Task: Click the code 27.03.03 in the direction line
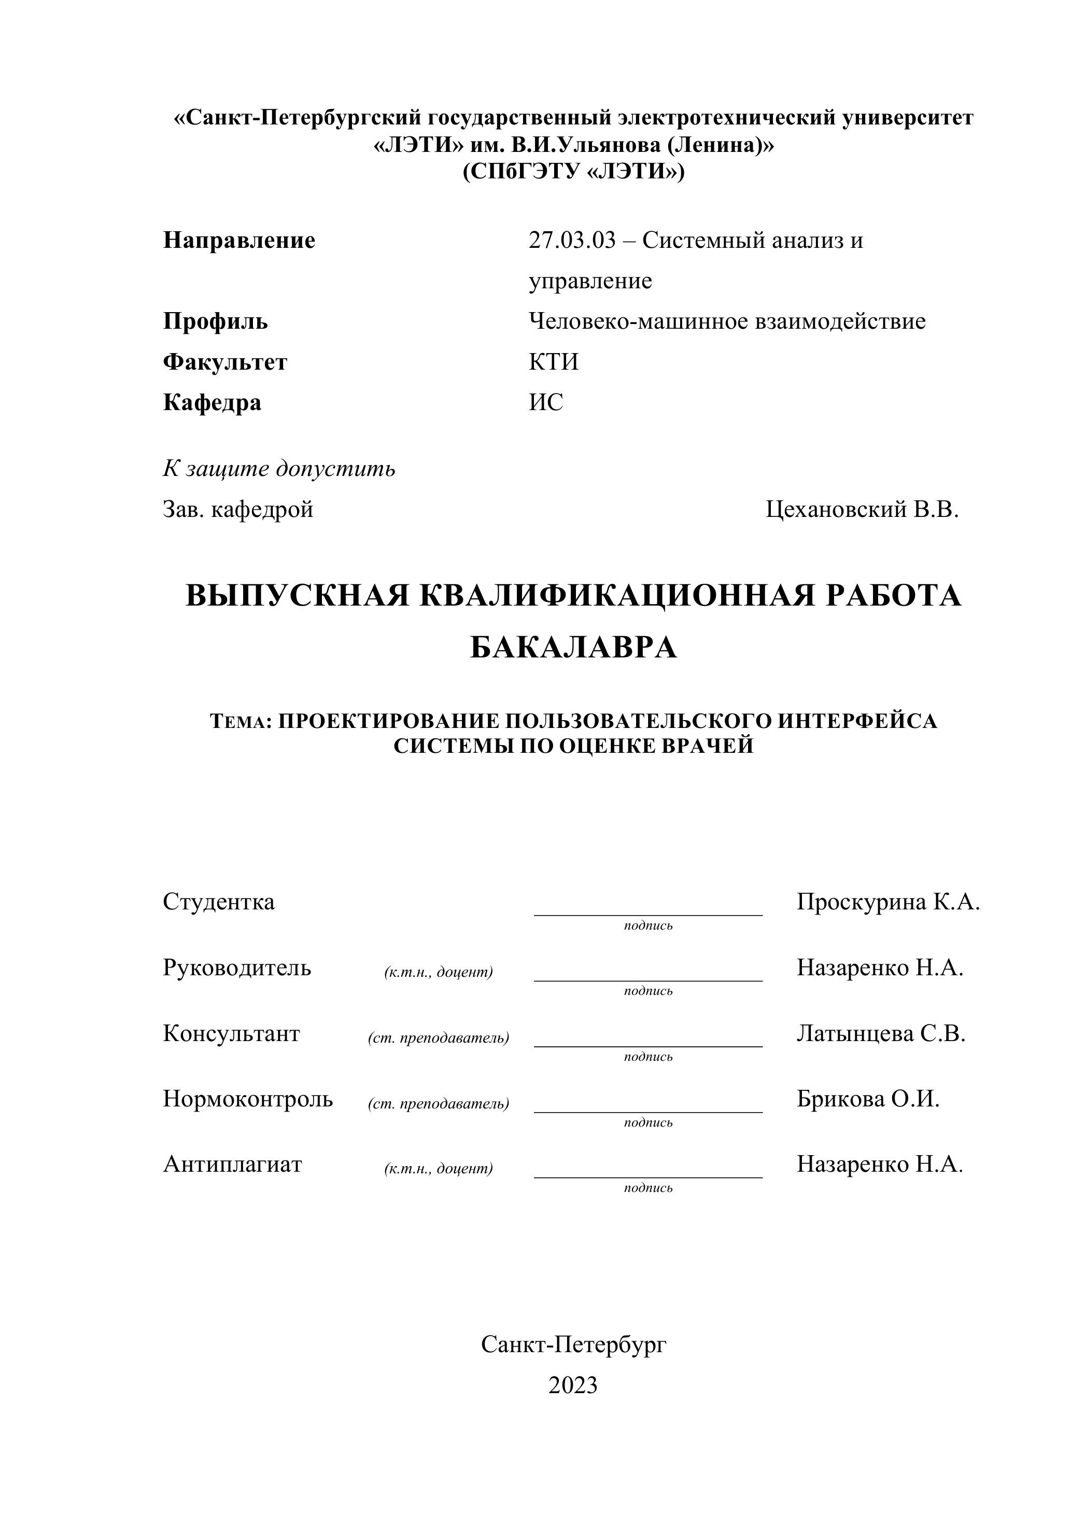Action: pyautogui.click(x=571, y=241)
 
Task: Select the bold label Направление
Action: pyautogui.click(x=239, y=241)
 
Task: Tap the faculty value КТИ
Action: pyautogui.click(x=553, y=362)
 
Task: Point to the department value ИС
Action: pyautogui.click(x=546, y=402)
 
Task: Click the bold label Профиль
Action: pyautogui.click(x=215, y=321)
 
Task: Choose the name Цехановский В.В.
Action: pyautogui.click(x=862, y=509)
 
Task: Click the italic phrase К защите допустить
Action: pyautogui.click(x=279, y=468)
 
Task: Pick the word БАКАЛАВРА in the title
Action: pyautogui.click(x=573, y=648)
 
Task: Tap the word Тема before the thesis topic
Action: pyautogui.click(x=239, y=721)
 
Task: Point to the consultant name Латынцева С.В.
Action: pyautogui.click(x=881, y=1033)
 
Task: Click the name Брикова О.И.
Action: pyautogui.click(x=868, y=1099)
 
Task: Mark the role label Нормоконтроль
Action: pyautogui.click(x=248, y=1099)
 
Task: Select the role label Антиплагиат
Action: pyautogui.click(x=232, y=1164)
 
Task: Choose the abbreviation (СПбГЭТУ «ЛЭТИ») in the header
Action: pyautogui.click(x=573, y=172)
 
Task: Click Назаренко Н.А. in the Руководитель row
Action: pyautogui.click(x=880, y=968)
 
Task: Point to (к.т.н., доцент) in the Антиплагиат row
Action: pyautogui.click(x=439, y=1168)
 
